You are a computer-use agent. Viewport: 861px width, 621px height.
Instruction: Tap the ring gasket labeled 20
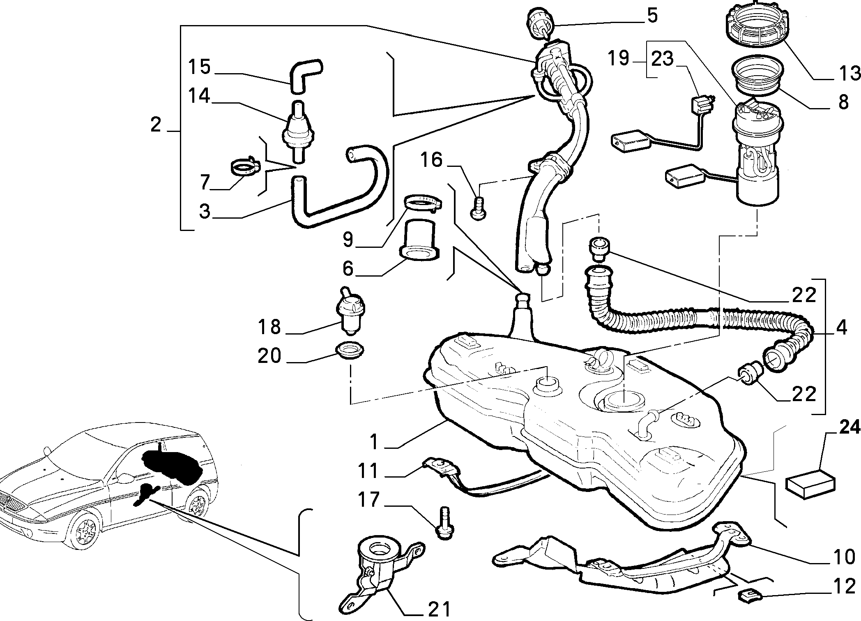point(350,351)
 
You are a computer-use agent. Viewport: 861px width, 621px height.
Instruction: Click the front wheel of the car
point(85,534)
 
